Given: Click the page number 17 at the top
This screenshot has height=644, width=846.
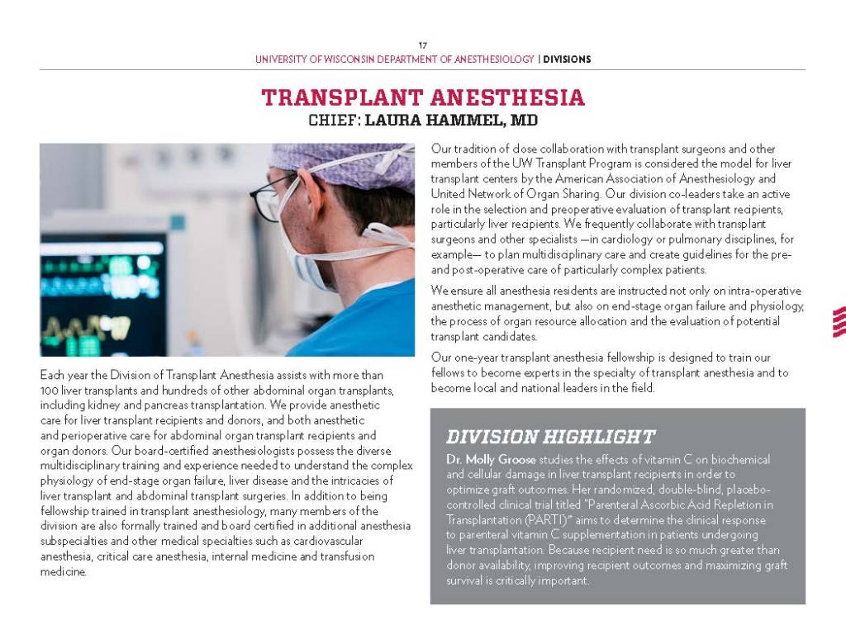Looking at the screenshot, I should pos(422,45).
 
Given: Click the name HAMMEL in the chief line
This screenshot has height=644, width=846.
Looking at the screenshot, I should pos(463,121).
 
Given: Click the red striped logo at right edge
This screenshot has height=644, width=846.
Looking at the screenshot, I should pos(839,322).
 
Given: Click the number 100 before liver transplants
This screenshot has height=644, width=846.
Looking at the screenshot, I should pos(50,389).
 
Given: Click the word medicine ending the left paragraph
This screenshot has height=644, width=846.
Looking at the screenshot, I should pos(63,571).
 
